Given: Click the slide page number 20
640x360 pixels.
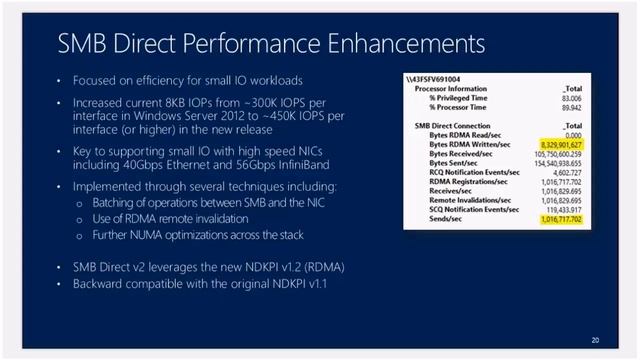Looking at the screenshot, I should pos(595,341).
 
